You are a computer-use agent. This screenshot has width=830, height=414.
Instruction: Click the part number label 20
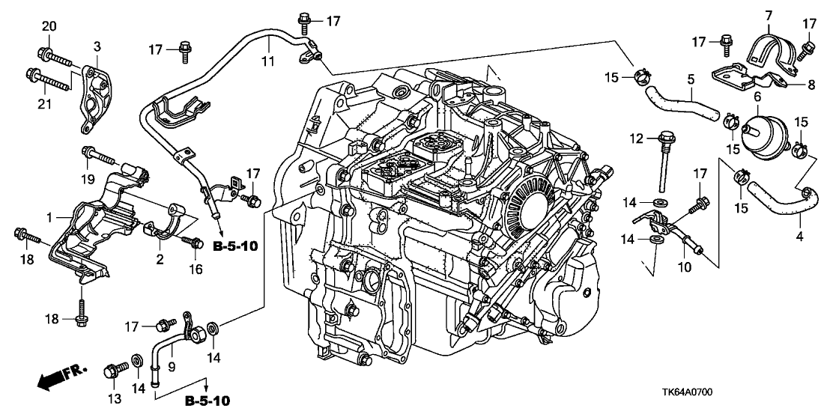pos(49,27)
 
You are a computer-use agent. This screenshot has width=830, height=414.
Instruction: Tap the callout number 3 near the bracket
pos(97,47)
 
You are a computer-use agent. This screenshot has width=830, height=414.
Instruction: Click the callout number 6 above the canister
pos(757,97)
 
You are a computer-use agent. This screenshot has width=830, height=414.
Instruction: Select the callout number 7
pos(768,15)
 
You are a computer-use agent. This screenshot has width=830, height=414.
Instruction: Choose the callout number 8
pos(811,85)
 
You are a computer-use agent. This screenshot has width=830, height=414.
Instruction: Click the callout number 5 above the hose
pos(690,77)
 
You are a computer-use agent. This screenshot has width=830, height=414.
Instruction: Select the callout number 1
pos(49,217)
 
